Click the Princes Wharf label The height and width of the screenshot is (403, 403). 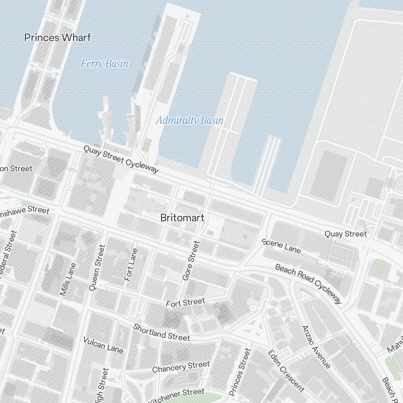pos(58,38)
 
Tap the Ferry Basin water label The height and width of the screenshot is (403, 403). pos(104,64)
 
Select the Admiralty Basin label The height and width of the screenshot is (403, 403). pos(189,120)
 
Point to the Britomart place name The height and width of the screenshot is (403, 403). pos(182,218)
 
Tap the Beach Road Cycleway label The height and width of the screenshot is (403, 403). pos(309,284)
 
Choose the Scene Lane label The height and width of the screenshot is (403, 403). pos(281,246)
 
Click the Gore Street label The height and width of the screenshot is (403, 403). pos(191,260)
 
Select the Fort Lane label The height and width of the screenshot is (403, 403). pos(131,264)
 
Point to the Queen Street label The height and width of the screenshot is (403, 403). pos(97,268)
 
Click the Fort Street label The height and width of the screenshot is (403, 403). pos(185,302)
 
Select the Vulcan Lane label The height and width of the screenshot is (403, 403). pos(103,345)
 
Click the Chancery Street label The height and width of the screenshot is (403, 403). pos(181,367)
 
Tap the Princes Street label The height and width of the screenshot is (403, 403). pos(240,372)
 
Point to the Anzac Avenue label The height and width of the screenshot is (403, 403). pos(316,347)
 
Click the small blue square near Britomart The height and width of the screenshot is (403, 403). pos(210,233)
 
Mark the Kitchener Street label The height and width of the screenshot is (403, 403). pos(177,395)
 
